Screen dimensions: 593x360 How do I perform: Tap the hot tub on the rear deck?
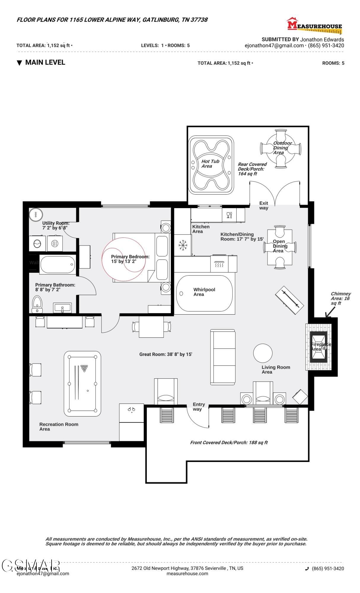211,165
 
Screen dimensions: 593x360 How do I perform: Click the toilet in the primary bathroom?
37,304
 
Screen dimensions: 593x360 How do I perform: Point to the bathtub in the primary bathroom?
58,265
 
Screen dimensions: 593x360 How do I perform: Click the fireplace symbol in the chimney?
318,347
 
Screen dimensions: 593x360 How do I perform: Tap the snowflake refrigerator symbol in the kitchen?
183,245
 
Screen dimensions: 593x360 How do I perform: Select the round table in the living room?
263,353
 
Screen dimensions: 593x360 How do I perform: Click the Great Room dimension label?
166,354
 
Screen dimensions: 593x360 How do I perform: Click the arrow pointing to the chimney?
330,312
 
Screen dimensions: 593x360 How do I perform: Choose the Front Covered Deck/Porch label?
229,443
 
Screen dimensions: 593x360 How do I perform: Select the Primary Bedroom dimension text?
130,259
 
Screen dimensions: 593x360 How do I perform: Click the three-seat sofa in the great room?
223,357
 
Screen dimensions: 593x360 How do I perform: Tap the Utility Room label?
55,225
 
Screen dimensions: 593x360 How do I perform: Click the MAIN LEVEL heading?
45,62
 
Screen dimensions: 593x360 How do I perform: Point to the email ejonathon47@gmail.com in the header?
274,46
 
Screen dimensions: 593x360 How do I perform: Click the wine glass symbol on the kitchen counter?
229,215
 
